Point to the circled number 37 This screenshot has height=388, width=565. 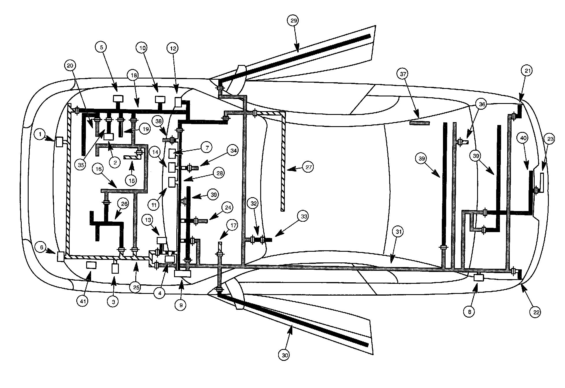click(403, 74)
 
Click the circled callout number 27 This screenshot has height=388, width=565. click(309, 167)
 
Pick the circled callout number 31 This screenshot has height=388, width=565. click(399, 232)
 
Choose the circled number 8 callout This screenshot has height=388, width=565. click(469, 312)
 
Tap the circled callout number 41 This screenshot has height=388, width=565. click(83, 301)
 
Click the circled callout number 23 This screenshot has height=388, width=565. click(550, 139)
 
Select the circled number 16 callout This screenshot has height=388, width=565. click(99, 169)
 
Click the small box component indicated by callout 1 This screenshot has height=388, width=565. click(59, 142)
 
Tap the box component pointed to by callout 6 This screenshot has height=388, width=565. click(61, 257)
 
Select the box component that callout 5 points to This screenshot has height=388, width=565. click(118, 98)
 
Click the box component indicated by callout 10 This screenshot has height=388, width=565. click(160, 99)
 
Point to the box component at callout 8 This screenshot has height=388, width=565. click(479, 278)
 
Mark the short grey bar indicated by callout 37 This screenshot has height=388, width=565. click(420, 123)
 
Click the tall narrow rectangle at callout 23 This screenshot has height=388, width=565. click(542, 183)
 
